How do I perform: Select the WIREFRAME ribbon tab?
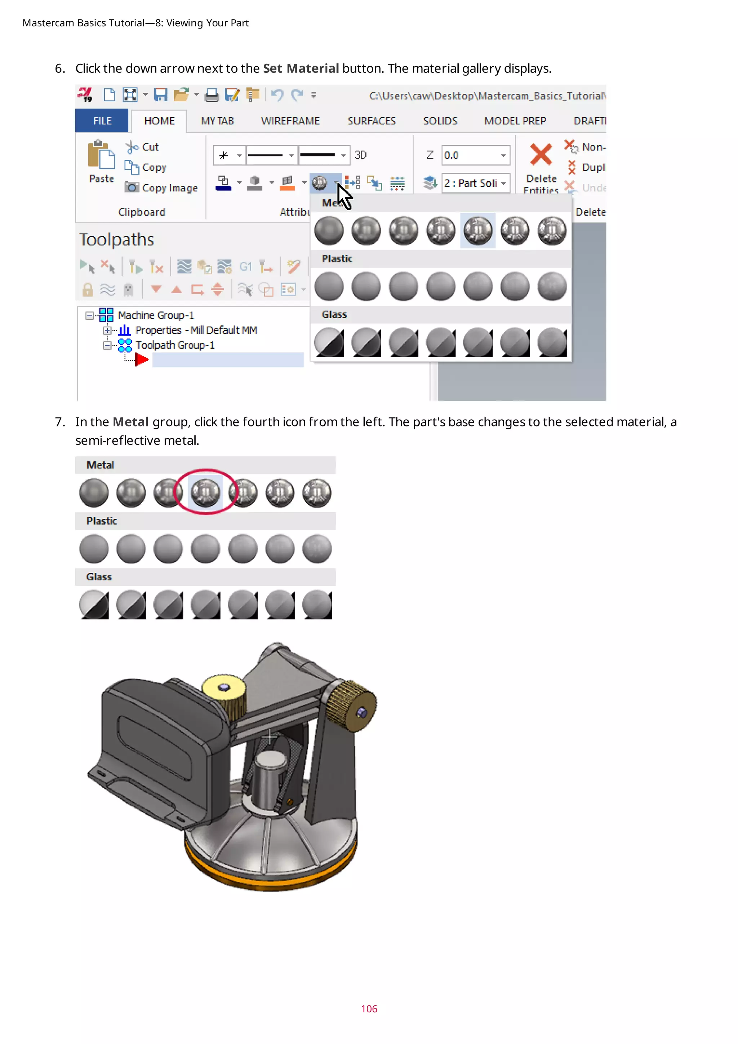coord(290,121)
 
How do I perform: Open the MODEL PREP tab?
coord(515,121)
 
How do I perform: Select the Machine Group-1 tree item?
coord(155,315)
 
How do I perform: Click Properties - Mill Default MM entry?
coord(196,330)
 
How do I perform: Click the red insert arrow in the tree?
coord(141,360)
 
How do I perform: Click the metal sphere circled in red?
coord(205,492)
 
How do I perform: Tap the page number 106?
coord(369,1009)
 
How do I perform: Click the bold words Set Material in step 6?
coord(301,68)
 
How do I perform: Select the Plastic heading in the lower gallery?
coord(102,521)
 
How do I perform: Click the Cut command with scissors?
coord(150,147)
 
